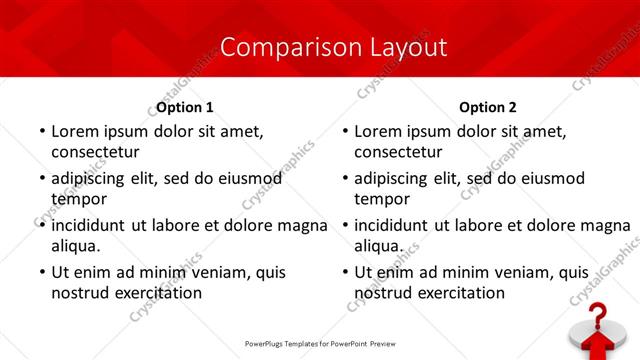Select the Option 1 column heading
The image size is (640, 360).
click(185, 107)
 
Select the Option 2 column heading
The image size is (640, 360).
click(488, 107)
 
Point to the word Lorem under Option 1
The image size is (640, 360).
click(73, 131)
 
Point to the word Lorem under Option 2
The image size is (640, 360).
click(376, 131)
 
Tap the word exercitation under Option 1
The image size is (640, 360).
click(154, 293)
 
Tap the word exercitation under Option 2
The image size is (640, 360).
click(457, 293)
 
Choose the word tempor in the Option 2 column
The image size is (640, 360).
click(378, 199)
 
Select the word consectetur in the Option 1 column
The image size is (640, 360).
click(95, 152)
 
